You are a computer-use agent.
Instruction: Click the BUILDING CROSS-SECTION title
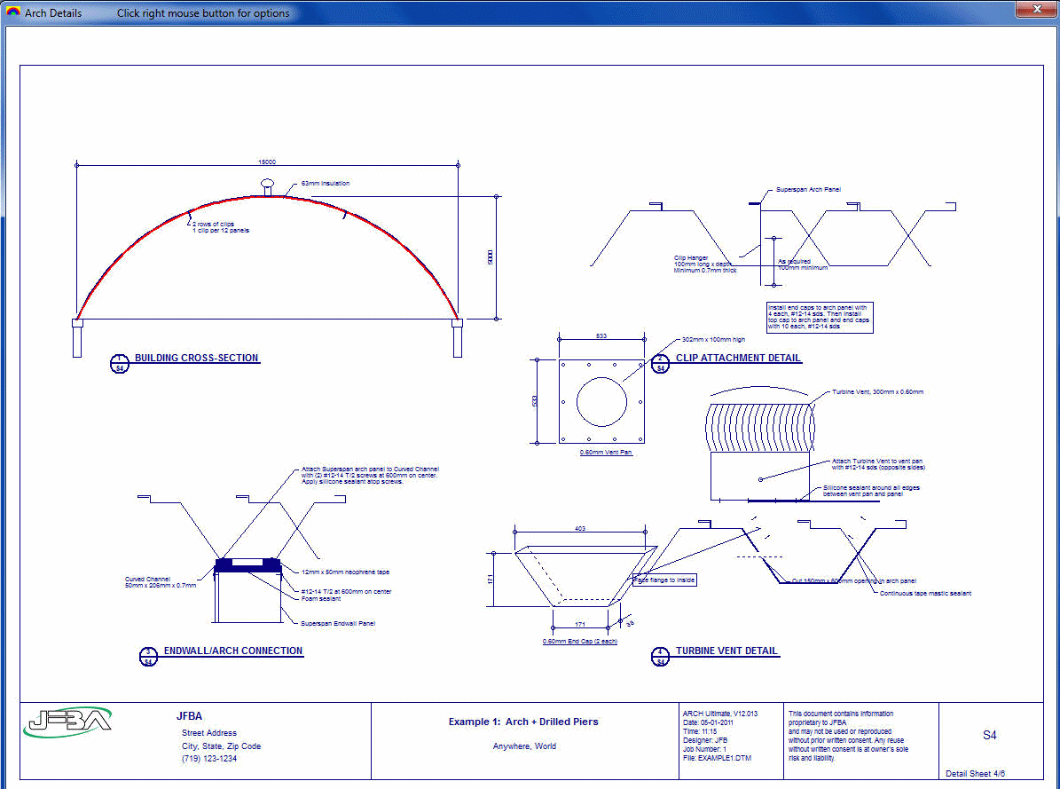[x=196, y=359]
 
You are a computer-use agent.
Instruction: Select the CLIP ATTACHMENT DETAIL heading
[x=738, y=359]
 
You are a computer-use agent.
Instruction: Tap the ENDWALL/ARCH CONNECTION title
[x=233, y=651]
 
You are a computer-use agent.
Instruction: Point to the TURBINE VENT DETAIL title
[x=726, y=651]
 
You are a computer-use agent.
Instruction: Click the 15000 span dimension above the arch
[x=267, y=162]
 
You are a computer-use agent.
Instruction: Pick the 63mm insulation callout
[x=325, y=184]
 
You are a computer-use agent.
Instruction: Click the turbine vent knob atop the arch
[x=268, y=185]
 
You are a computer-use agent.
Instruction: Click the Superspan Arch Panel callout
[x=808, y=190]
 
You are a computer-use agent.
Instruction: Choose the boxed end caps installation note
[x=820, y=317]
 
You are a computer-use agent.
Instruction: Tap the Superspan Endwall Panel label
[x=338, y=623]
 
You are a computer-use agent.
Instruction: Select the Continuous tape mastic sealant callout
[x=925, y=593]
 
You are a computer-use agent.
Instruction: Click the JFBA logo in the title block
[x=67, y=722]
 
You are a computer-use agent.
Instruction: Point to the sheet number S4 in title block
[x=989, y=736]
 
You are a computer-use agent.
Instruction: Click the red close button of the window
[x=1034, y=9]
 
